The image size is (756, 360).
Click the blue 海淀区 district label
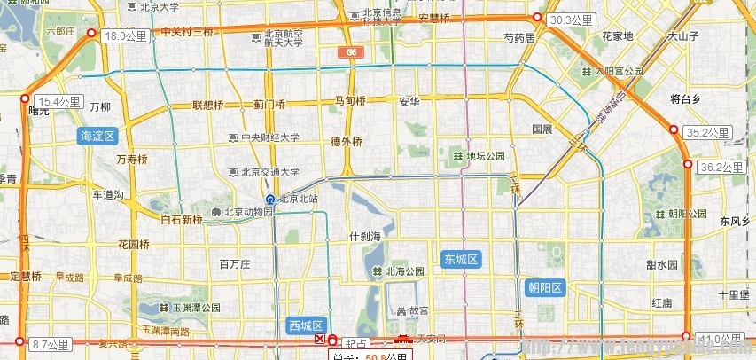[x=97, y=136]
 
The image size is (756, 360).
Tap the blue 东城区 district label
[x=461, y=260]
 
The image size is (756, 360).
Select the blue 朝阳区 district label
[x=545, y=287]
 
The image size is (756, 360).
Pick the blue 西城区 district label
[x=308, y=325]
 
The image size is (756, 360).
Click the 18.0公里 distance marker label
[x=125, y=36]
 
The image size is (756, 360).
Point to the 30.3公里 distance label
[x=571, y=20]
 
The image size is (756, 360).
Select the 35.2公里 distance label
[x=708, y=133]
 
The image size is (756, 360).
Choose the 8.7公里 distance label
[x=50, y=343]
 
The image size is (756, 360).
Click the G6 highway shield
[x=351, y=53]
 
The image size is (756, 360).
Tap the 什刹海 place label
[x=365, y=237]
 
